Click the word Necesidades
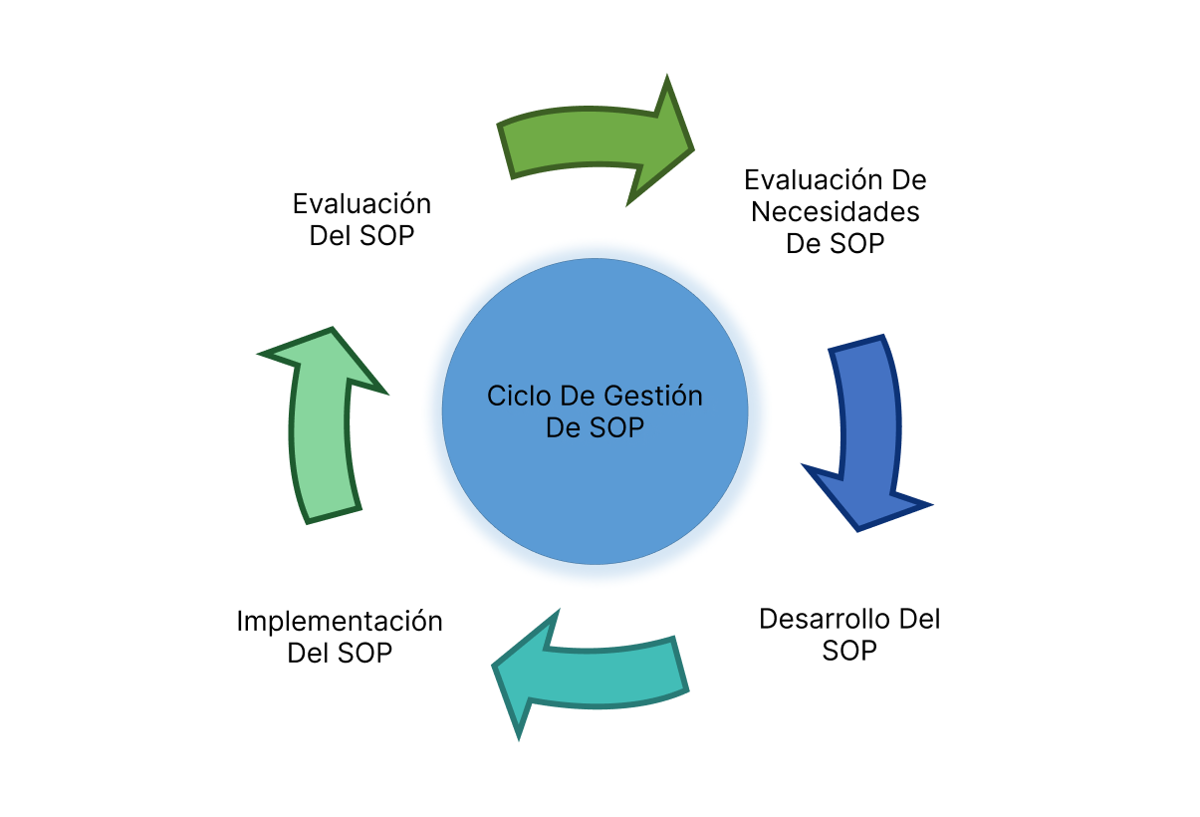coord(835,211)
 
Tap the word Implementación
coord(339,621)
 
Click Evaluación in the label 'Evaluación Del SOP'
coord(361,204)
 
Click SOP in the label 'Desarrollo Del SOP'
coord(849,651)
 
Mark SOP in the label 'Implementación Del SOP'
coord(363,653)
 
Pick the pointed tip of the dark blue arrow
coord(858,527)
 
